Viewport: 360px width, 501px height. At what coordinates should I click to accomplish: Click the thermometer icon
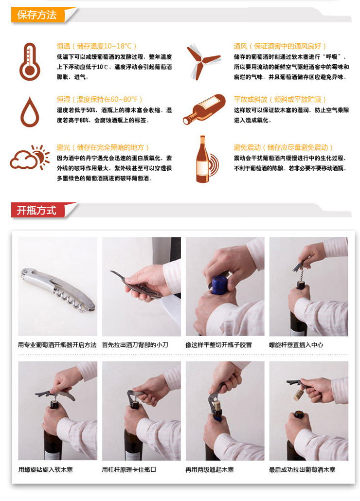coord(29,62)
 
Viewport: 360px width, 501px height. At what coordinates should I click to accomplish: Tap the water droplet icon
coord(30,112)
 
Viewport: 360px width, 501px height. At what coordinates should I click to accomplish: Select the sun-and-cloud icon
coord(30,157)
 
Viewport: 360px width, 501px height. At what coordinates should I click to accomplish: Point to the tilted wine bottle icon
coord(204,109)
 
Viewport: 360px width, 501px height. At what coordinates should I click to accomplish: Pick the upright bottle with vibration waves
coord(207,159)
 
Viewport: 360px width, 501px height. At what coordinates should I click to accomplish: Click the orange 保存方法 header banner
coord(40,15)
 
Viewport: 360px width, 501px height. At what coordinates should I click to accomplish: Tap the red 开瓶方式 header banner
coord(40,211)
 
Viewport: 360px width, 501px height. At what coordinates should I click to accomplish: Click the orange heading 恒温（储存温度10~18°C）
coord(96,46)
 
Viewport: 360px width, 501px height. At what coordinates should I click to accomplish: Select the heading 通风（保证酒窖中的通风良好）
coord(280,46)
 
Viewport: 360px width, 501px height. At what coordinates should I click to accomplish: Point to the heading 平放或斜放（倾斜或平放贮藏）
coord(280,99)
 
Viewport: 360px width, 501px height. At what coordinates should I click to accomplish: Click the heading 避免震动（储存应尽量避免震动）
coord(283,147)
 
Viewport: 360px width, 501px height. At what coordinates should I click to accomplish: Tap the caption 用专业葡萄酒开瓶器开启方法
coord(57,345)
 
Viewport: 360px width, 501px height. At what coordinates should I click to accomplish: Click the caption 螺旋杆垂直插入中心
coord(296,345)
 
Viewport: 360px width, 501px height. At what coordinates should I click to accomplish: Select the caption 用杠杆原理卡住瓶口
coord(129,469)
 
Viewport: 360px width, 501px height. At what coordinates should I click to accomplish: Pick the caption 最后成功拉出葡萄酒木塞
coord(302,469)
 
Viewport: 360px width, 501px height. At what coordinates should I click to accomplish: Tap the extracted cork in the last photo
coord(298,394)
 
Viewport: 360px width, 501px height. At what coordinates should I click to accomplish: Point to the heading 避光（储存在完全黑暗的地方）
coord(103,147)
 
